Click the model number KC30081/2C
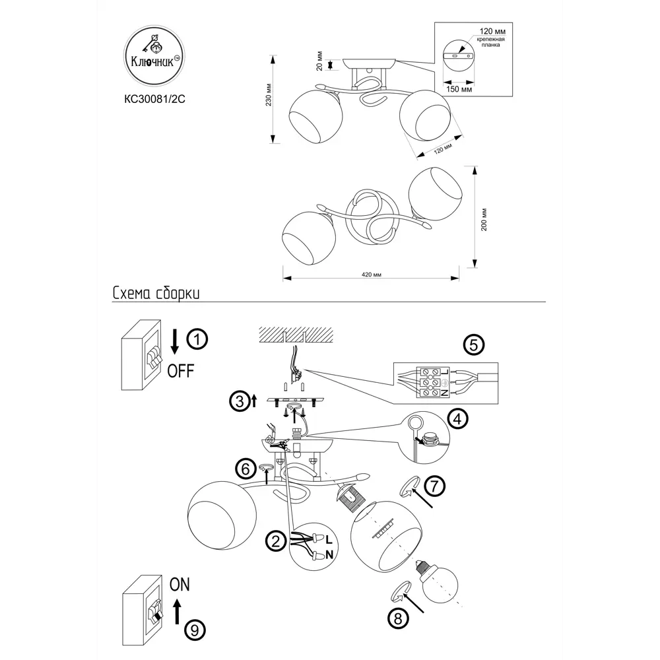[x=154, y=101]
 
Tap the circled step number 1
[x=197, y=341]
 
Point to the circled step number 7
[x=434, y=486]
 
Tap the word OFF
[x=180, y=371]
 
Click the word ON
[x=180, y=585]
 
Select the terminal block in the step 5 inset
[x=430, y=381]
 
